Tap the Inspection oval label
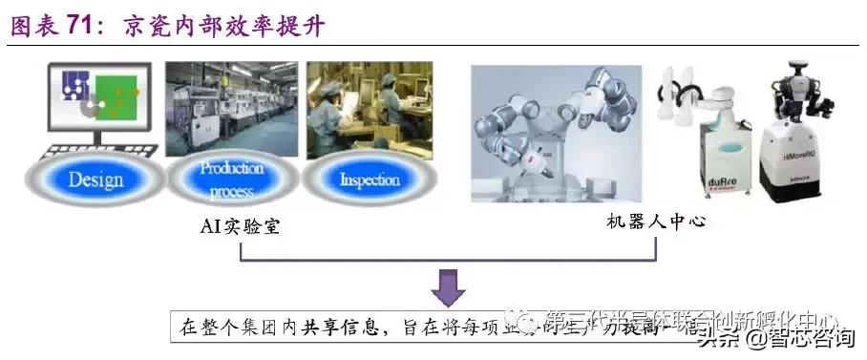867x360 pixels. click(x=369, y=179)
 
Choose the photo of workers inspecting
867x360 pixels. click(x=369, y=109)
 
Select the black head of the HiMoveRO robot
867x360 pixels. click(x=799, y=72)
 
